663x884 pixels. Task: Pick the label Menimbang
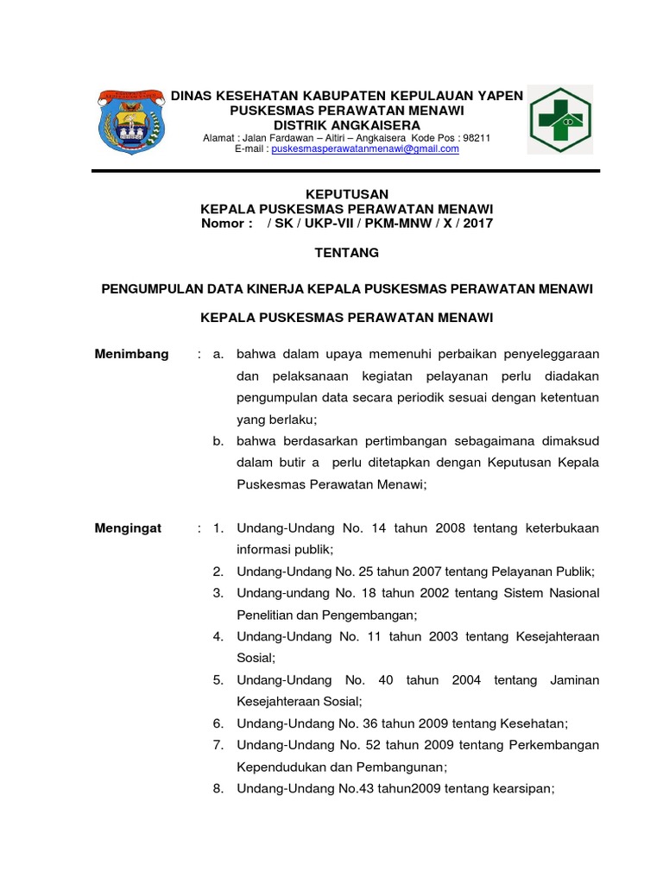pyautogui.click(x=131, y=354)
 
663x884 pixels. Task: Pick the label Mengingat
pyautogui.click(x=129, y=527)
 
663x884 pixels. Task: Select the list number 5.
pyautogui.click(x=218, y=680)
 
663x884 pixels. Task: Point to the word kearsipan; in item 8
pyautogui.click(x=518, y=788)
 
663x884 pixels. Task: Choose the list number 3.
pyautogui.click(x=218, y=593)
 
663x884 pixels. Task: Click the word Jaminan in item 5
pyautogui.click(x=574, y=680)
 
